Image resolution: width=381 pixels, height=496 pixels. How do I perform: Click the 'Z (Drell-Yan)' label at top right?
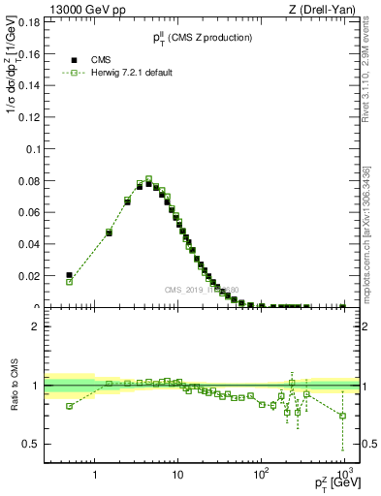click(329, 10)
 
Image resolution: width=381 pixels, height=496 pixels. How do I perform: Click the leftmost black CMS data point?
click(69, 275)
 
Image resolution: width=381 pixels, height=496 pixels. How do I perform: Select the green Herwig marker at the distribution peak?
click(148, 179)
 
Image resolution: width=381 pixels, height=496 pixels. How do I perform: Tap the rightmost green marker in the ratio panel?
click(342, 416)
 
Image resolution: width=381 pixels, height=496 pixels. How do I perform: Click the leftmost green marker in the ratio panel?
click(69, 406)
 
